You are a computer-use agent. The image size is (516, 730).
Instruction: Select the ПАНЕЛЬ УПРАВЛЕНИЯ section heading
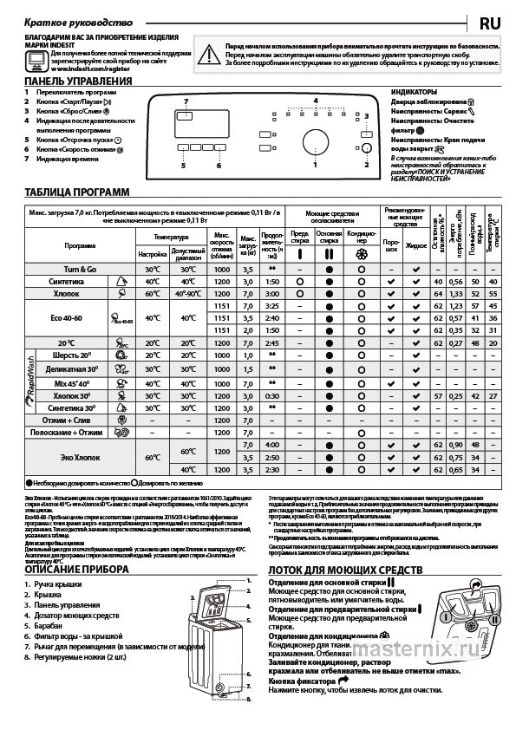78,81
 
